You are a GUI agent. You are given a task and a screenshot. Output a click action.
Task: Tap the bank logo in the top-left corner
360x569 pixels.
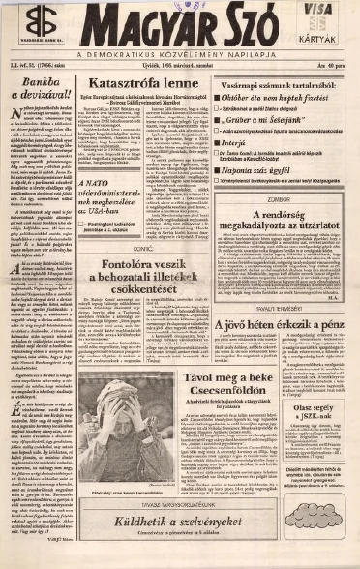39,21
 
